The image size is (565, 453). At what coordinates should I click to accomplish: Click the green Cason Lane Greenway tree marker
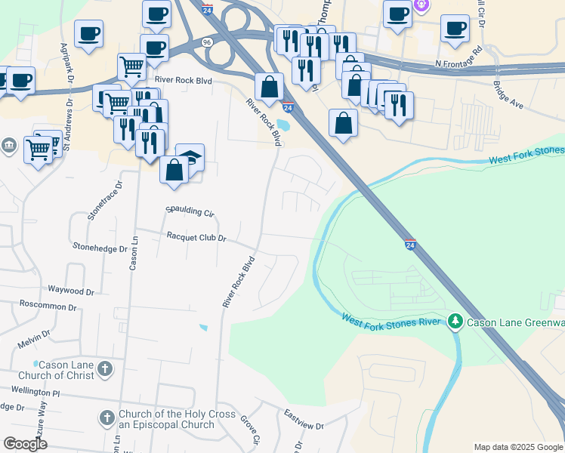tap(455, 322)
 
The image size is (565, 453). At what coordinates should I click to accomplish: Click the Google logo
tap(25, 444)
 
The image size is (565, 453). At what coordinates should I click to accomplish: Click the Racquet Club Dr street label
tap(197, 237)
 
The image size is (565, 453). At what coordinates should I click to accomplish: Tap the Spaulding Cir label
tap(190, 212)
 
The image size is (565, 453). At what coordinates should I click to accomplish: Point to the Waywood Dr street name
tap(71, 290)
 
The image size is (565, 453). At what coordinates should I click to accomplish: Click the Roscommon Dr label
tap(48, 307)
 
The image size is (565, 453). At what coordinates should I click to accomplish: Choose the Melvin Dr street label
tap(34, 332)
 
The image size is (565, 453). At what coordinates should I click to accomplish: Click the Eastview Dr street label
tap(304, 420)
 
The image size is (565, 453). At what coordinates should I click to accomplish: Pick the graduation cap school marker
tap(190, 156)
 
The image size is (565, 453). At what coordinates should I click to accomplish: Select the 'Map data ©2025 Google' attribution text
tap(518, 447)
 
